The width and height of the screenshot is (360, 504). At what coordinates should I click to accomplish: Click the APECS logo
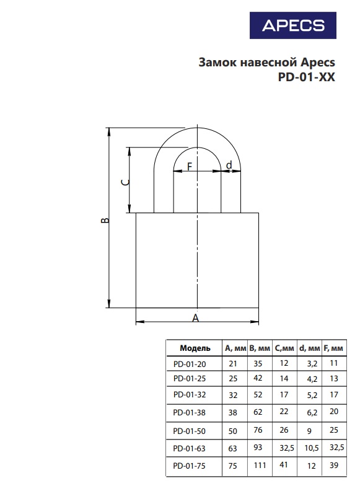[x=293, y=25]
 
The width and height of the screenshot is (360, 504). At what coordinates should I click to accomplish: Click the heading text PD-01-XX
[x=306, y=77]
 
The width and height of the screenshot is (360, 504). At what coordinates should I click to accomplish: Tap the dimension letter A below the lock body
[x=195, y=318]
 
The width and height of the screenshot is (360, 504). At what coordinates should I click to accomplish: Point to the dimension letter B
[x=105, y=221]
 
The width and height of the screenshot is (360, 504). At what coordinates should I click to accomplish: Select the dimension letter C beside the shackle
[x=125, y=182]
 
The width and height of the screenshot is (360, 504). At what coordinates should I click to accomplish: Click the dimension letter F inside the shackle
[x=190, y=166]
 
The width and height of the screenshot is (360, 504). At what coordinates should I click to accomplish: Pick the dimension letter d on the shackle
[x=229, y=165]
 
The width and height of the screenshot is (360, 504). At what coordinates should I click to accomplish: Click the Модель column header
[x=195, y=348]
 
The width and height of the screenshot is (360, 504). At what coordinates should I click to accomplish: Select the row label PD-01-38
[x=189, y=412]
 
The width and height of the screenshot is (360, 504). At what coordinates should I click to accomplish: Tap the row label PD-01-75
[x=189, y=466]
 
